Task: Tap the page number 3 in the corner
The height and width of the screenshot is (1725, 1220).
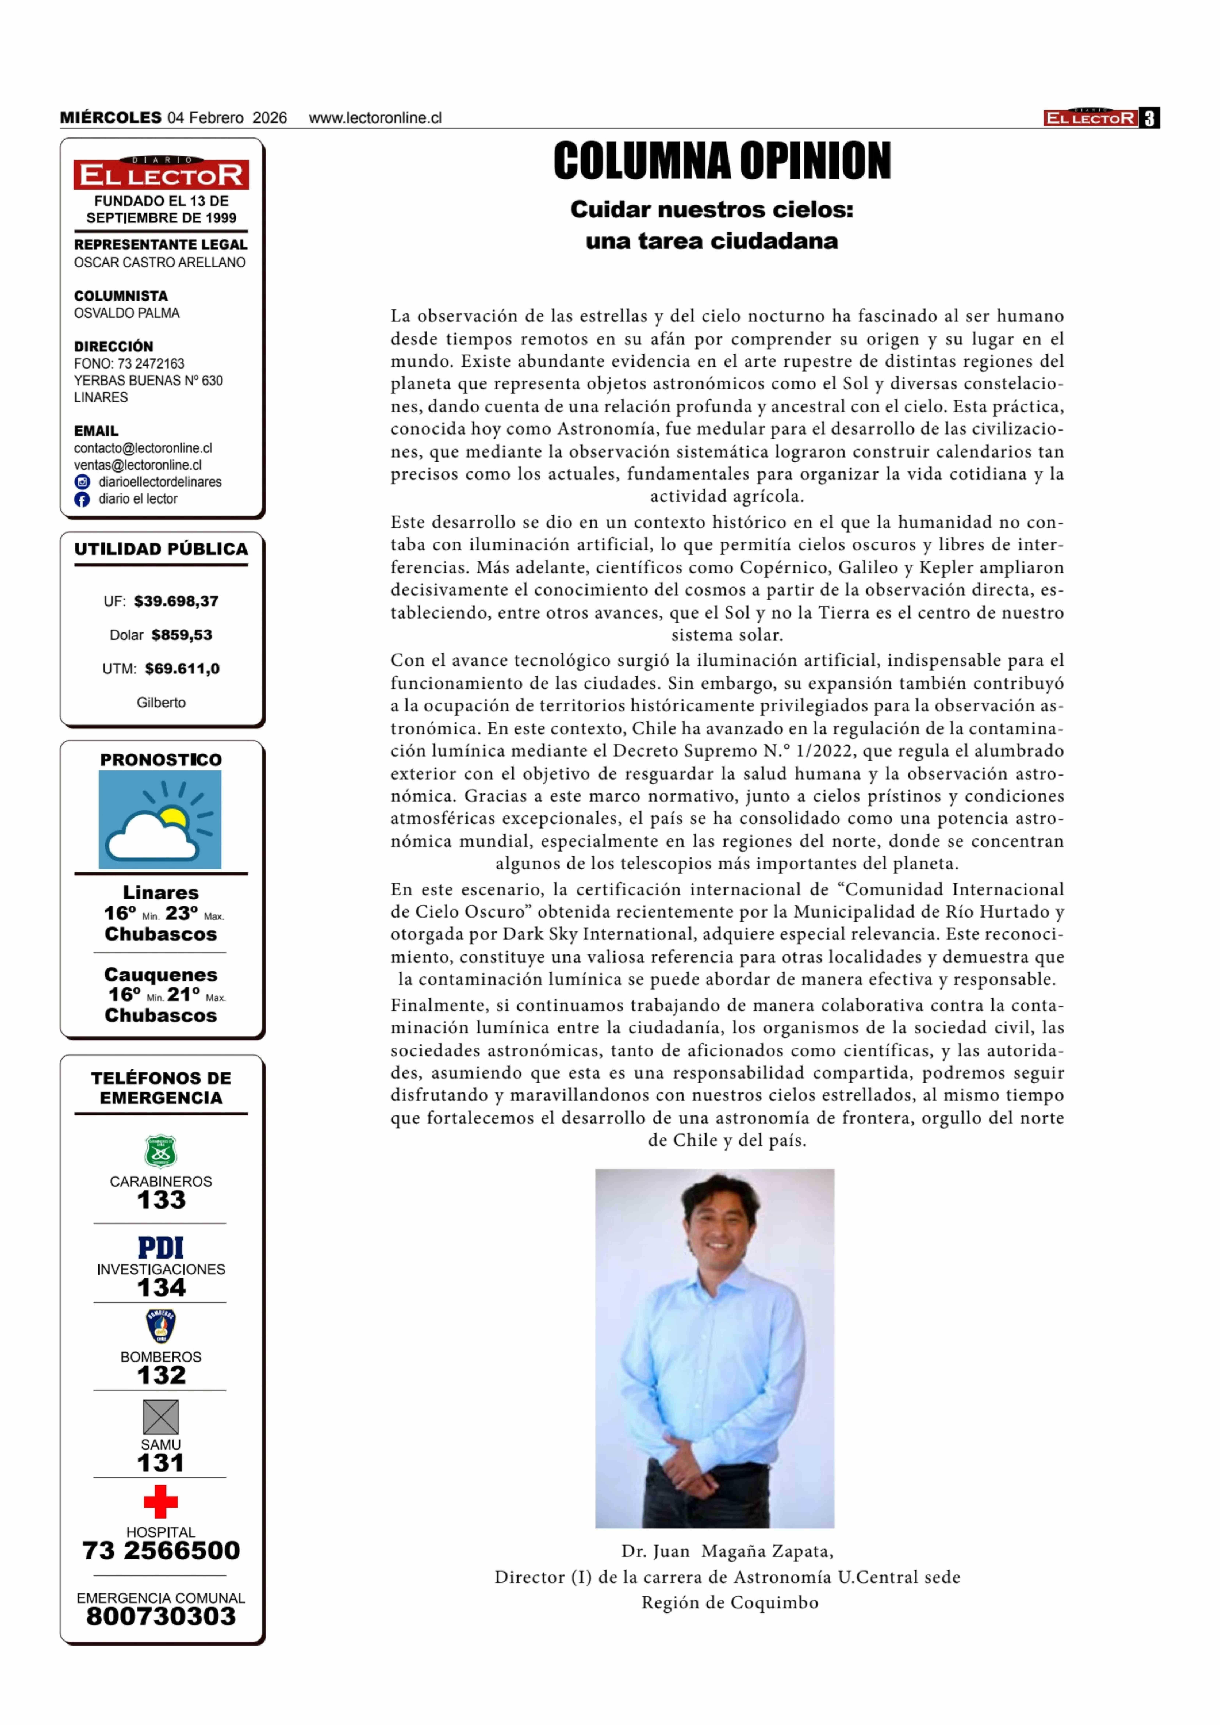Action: [x=1149, y=118]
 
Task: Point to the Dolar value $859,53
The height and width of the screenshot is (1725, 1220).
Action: [x=182, y=635]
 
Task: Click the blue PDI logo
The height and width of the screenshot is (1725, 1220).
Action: [x=161, y=1248]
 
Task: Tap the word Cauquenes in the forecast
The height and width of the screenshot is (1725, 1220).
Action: [x=161, y=974]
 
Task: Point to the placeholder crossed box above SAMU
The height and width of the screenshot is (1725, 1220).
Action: [x=161, y=1417]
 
